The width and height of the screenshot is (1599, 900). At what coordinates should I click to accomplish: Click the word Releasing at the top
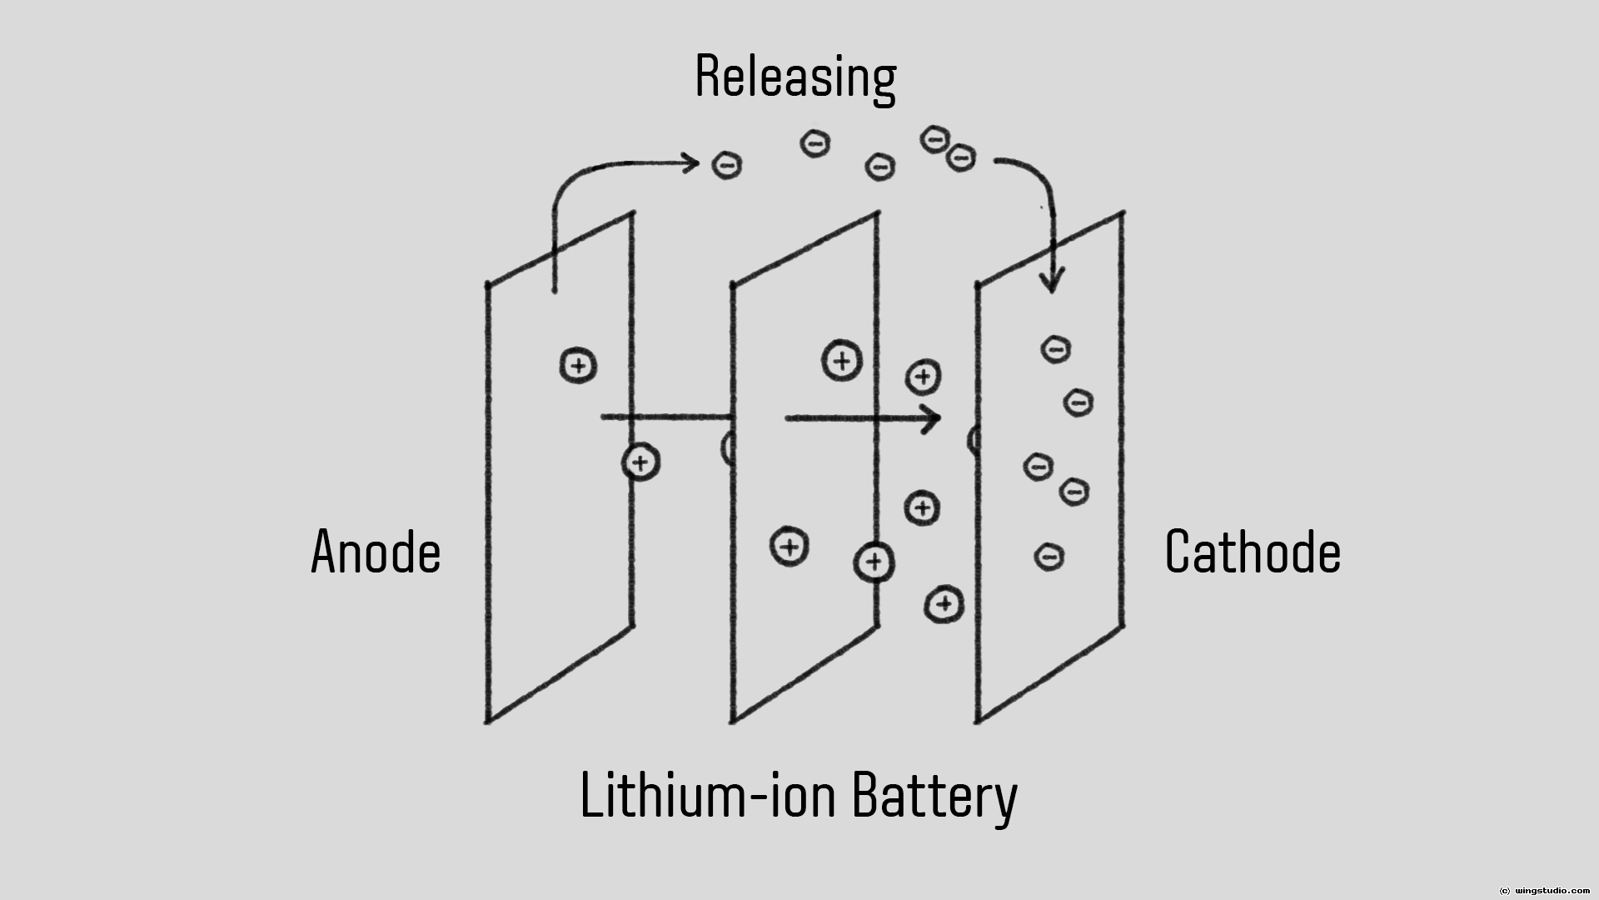tap(795, 77)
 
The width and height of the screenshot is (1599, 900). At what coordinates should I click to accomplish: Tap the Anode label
tap(376, 552)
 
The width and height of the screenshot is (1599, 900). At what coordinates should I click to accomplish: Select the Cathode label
tap(1253, 552)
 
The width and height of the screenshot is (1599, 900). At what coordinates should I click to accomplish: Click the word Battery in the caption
tap(934, 796)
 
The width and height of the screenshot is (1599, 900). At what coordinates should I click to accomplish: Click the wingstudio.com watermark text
tap(1550, 891)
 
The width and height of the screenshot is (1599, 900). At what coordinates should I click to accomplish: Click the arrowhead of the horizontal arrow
tap(933, 418)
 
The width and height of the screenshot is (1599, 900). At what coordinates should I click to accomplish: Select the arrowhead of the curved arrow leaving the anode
tap(690, 162)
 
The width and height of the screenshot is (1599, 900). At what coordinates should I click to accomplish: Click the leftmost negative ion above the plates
tap(727, 166)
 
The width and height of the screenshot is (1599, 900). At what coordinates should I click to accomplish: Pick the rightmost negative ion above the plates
tap(961, 157)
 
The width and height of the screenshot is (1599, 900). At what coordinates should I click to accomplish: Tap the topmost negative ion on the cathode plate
tap(1056, 349)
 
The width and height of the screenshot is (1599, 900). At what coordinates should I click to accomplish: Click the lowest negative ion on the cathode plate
tap(1049, 556)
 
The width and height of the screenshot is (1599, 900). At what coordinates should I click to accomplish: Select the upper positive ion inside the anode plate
tap(578, 366)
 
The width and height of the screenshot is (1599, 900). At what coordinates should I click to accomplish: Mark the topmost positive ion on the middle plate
tap(842, 361)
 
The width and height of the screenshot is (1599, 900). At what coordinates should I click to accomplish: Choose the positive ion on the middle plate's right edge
tap(874, 562)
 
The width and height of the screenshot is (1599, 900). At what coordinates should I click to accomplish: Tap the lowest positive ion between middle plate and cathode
tap(944, 605)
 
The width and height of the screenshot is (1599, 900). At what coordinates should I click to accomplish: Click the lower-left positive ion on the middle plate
tap(790, 547)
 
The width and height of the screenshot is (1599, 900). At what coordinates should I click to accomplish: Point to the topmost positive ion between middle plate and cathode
tap(923, 377)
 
